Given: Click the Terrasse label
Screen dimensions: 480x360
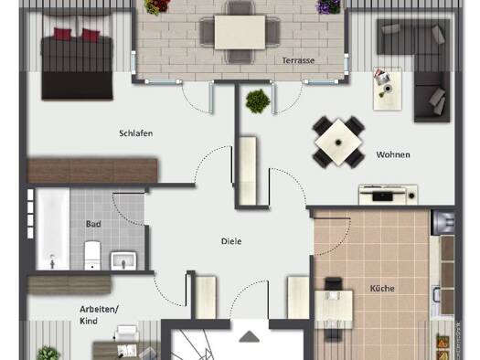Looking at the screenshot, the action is coord(298,60).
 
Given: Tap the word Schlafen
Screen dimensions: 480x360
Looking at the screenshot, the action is coord(136,133).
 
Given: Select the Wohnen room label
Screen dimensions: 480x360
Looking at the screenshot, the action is coord(393,154).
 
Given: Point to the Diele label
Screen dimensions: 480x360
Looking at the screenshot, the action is coord(231,241).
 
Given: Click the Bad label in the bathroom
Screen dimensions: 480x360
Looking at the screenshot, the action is coord(93,224).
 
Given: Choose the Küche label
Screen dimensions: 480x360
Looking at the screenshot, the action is coord(382,289).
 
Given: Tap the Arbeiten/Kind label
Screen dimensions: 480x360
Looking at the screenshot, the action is coord(99,315).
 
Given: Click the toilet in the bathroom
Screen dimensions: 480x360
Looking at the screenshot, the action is coord(92,256).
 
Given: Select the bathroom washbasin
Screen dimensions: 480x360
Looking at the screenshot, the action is coord(123,261).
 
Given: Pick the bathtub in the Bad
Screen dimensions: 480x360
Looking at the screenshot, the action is coord(53,229).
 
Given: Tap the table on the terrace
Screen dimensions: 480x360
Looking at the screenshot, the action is coord(240,32).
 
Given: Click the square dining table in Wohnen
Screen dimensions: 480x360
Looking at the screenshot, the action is coord(338,143).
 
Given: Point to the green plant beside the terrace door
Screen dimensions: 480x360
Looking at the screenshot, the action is coord(258,101).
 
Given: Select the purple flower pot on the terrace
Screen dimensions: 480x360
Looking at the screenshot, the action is coord(328,6).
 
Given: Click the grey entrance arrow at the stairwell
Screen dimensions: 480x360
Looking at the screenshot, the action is coord(250,336).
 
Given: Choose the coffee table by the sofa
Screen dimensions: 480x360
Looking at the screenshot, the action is coord(388,89).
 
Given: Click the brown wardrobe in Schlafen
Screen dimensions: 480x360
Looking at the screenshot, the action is coord(92,170).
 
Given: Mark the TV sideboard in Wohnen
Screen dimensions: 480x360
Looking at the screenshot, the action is coord(388,195).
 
